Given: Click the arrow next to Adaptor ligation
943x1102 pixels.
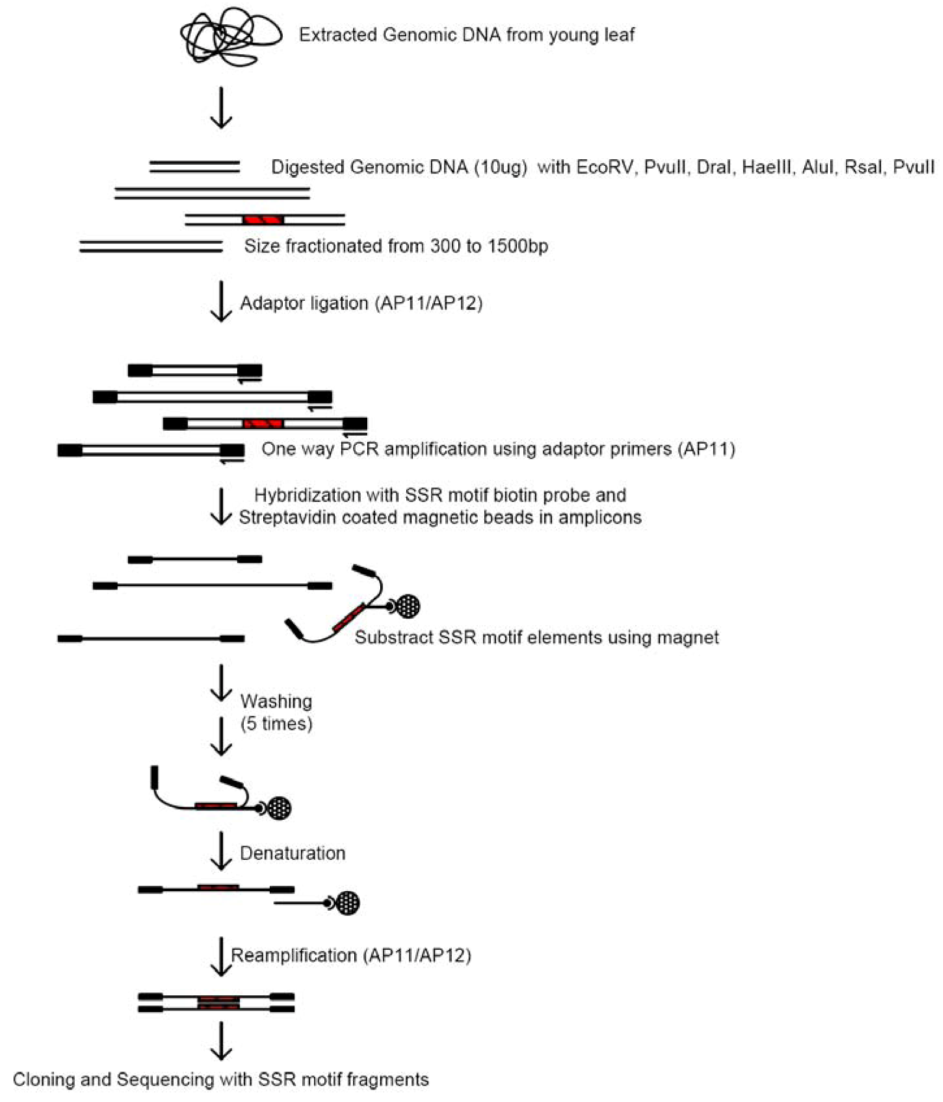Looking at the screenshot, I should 220,301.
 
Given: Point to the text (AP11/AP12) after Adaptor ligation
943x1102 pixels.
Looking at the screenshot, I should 428,302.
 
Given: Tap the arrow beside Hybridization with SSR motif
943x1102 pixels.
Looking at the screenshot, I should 220,507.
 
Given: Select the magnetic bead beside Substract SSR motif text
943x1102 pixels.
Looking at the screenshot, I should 408,606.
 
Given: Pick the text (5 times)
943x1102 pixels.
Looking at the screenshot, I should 276,724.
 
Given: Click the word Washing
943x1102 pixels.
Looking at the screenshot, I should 276,702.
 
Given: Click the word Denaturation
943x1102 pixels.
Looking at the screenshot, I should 292,853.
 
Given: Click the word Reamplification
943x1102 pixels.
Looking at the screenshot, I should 294,955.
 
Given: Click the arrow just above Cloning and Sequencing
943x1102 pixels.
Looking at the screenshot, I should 220,1041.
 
